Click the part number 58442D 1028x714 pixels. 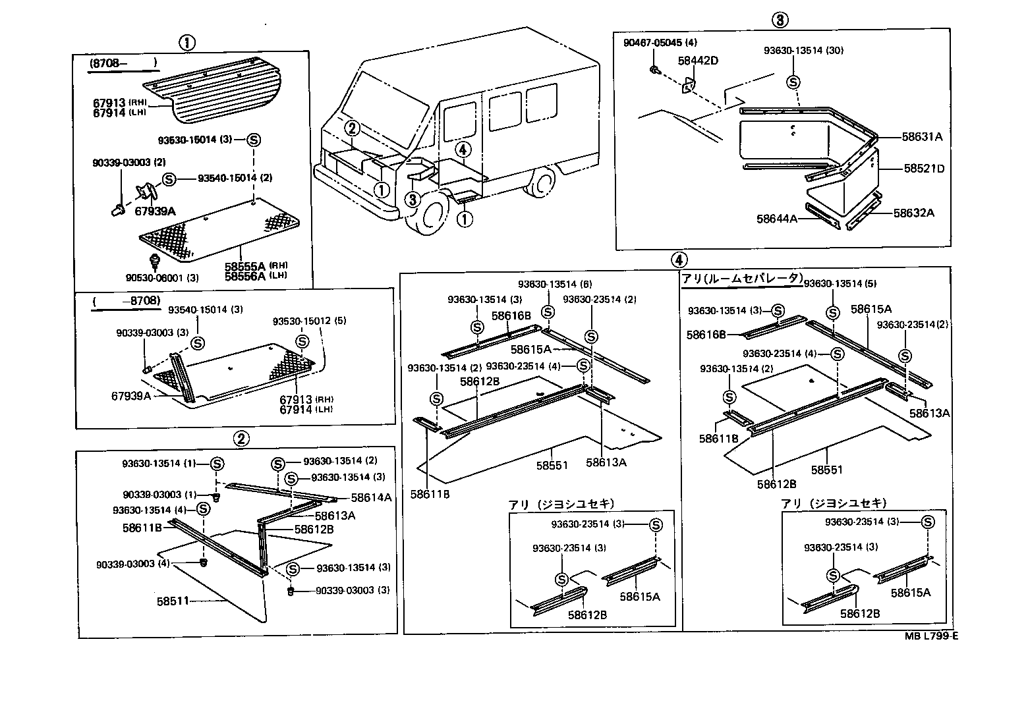[698, 61]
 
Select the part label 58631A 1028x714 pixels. [923, 137]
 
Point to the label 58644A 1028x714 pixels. [777, 218]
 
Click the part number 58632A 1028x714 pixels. [913, 213]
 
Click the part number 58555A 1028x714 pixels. [244, 266]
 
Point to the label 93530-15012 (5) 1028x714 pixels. [310, 321]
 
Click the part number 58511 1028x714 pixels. [173, 601]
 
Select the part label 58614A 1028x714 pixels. [371, 498]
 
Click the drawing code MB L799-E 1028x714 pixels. [930, 636]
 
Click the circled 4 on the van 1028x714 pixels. [464, 150]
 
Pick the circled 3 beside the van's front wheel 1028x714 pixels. [413, 198]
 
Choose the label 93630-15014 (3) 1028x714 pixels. [200, 140]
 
